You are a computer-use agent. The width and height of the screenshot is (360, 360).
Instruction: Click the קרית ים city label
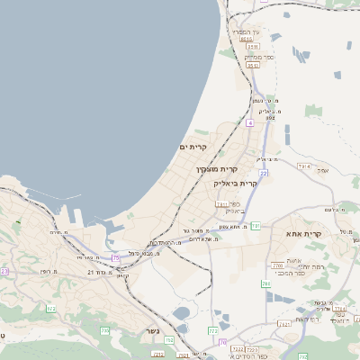coord(193,147)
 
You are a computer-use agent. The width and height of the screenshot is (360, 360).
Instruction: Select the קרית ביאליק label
coord(236,183)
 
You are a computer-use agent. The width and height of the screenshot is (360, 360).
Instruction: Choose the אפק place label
coord(324,167)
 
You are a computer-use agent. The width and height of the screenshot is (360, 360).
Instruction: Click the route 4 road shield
coord(249,121)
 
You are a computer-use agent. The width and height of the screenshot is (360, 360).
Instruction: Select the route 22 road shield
coord(264,172)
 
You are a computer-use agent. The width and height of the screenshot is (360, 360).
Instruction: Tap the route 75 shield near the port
coord(115,258)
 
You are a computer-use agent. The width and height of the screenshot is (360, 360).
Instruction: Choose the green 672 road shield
coord(51,309)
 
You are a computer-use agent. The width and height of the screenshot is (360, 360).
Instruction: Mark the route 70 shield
coord(222,343)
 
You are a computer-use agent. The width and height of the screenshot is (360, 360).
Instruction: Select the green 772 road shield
coord(213,331)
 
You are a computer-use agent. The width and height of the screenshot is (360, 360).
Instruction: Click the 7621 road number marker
coord(284,321)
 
